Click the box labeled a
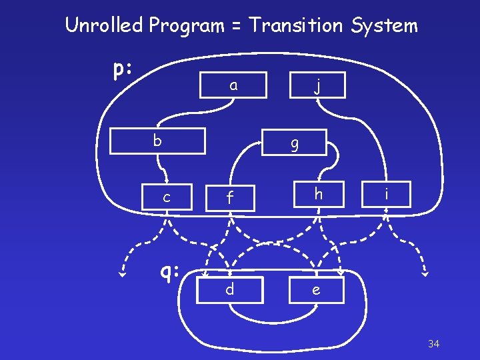click(233, 85)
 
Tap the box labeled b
click(157, 141)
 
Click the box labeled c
click(167, 197)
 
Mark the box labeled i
click(387, 195)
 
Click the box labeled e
click(316, 290)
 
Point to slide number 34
click(433, 344)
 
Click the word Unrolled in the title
click(105, 26)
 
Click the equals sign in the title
click(236, 27)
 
